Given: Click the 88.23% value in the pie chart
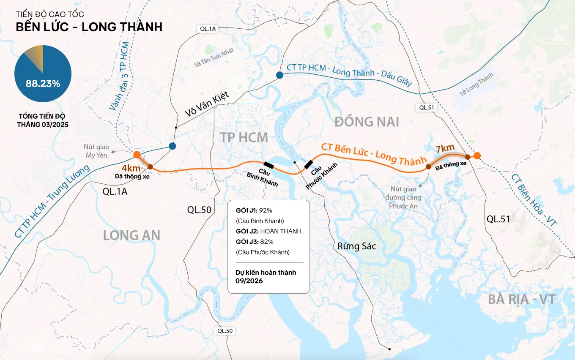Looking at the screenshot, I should [43, 83].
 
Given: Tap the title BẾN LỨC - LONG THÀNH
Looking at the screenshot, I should [89, 27].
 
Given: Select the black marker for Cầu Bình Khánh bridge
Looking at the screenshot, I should [268, 165].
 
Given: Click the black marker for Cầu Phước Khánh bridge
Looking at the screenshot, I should [308, 164].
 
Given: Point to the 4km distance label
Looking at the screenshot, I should [131, 169].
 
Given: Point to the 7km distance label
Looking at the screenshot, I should [445, 148].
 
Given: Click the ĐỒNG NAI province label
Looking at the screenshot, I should [367, 122].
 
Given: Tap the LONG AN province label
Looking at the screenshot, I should [131, 235].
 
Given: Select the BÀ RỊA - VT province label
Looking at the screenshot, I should [521, 300].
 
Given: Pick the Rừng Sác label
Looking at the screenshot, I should [356, 246].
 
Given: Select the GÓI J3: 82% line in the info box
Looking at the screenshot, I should [255, 242].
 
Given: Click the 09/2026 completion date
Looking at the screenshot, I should [249, 281].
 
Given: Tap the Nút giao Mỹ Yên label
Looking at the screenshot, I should [96, 151].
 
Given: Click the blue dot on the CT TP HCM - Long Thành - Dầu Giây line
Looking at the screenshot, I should [279, 75].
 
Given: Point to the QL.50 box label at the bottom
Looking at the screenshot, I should [224, 331].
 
